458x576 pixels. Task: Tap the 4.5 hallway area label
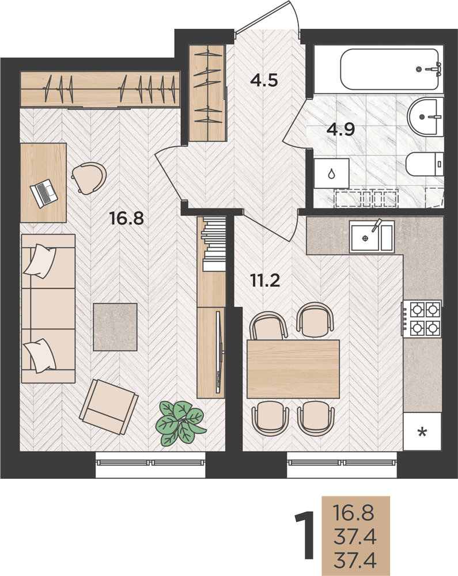(x=264, y=79)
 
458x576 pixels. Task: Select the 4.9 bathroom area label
(x=341, y=129)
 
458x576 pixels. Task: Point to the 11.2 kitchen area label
(x=265, y=281)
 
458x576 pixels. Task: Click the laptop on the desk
(x=44, y=193)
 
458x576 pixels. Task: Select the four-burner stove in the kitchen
(x=421, y=319)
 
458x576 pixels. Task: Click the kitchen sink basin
(x=372, y=236)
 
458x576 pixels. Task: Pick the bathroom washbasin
(x=426, y=116)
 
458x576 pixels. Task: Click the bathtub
(x=389, y=70)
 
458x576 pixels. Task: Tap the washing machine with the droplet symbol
(x=331, y=173)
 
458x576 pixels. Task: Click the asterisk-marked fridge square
(x=422, y=431)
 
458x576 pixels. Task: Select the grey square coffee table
(x=115, y=327)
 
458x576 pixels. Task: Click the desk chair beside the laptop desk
(x=89, y=178)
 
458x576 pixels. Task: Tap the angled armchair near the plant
(x=109, y=407)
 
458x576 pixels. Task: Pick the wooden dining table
(x=293, y=369)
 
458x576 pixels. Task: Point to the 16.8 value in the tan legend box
(x=353, y=513)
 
